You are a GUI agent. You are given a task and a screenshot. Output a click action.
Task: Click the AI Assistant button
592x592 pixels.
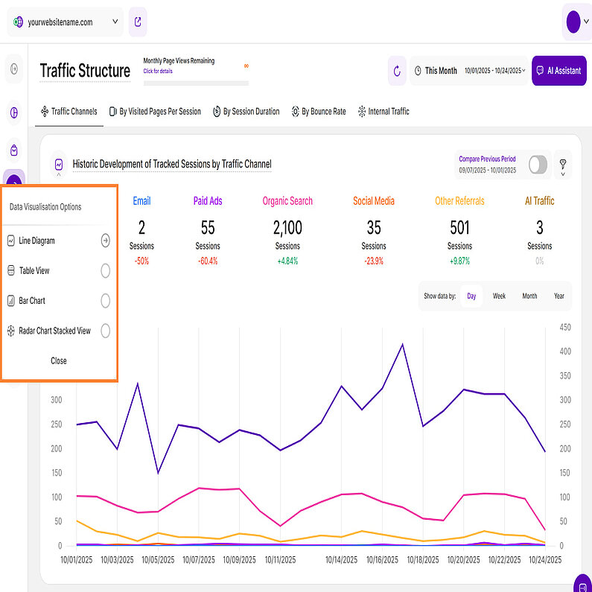coord(559,71)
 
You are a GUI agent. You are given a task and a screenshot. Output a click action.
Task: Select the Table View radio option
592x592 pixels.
coord(105,271)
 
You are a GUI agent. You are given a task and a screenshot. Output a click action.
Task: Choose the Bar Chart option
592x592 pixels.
coord(105,301)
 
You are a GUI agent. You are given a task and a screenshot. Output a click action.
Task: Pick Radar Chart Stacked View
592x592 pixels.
coord(105,331)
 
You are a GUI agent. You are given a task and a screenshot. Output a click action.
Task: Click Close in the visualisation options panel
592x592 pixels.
coord(59,360)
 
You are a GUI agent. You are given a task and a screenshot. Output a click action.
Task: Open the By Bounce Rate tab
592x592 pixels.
coord(318,112)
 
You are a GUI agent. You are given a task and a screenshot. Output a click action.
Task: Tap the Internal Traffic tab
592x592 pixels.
coord(383,112)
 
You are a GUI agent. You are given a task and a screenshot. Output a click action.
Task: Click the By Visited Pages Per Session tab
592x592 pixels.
coord(155,112)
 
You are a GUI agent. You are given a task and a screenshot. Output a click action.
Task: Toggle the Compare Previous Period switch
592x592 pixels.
coord(538,165)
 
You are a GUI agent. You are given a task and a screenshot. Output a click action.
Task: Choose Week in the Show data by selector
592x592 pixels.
coord(499,296)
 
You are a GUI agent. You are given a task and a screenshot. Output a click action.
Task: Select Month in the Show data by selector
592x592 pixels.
coord(529,296)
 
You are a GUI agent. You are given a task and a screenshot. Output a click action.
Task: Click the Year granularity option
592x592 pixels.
coord(559,296)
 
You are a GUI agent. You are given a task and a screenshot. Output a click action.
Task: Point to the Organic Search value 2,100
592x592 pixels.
coord(287,227)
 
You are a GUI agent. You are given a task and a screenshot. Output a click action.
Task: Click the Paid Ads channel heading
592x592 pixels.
coord(208,201)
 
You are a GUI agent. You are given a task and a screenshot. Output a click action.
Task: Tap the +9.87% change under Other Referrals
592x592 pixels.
coord(459,261)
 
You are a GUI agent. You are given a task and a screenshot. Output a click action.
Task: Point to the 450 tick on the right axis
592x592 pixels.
coord(566,327)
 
